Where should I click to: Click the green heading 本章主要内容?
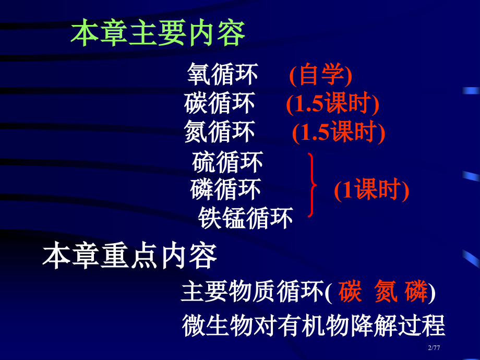(x=158, y=34)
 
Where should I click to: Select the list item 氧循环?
(x=223, y=75)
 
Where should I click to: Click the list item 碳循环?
(x=220, y=103)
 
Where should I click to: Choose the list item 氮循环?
(x=220, y=131)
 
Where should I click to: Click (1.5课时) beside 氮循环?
(x=338, y=133)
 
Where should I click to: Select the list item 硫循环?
(x=227, y=162)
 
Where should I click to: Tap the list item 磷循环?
(x=225, y=189)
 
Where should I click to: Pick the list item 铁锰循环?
(x=245, y=218)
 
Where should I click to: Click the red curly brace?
(x=312, y=185)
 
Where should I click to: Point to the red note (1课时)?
(x=371, y=190)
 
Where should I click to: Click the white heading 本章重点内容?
(x=129, y=257)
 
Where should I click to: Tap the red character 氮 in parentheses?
(x=387, y=292)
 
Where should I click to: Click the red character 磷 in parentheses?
(x=416, y=292)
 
